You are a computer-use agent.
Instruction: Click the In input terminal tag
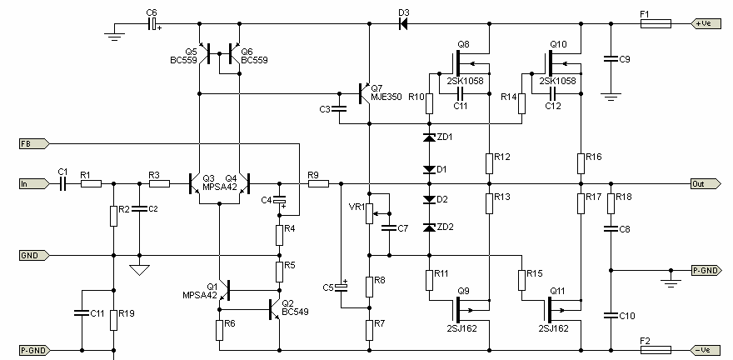[33, 183]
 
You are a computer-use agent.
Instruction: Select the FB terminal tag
[33, 143]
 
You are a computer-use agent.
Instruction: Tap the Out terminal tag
[706, 183]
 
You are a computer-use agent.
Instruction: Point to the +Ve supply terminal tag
[706, 23]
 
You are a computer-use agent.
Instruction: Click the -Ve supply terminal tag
[706, 350]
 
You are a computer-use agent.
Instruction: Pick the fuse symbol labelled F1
[656, 23]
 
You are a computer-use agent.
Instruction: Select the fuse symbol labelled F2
[656, 350]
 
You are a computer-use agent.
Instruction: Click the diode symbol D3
[403, 23]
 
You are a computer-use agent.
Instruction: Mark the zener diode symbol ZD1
[429, 137]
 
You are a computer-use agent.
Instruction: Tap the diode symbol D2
[429, 200]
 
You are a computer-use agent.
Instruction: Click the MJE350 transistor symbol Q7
[364, 93]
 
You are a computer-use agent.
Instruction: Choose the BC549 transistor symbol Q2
[274, 309]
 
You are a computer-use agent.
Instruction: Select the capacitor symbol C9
[610, 59]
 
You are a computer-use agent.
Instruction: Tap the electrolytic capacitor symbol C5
[342, 287]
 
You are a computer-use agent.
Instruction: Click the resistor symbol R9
[318, 183]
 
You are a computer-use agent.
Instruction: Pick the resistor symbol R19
[113, 320]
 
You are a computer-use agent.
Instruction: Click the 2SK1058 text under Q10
[558, 82]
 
